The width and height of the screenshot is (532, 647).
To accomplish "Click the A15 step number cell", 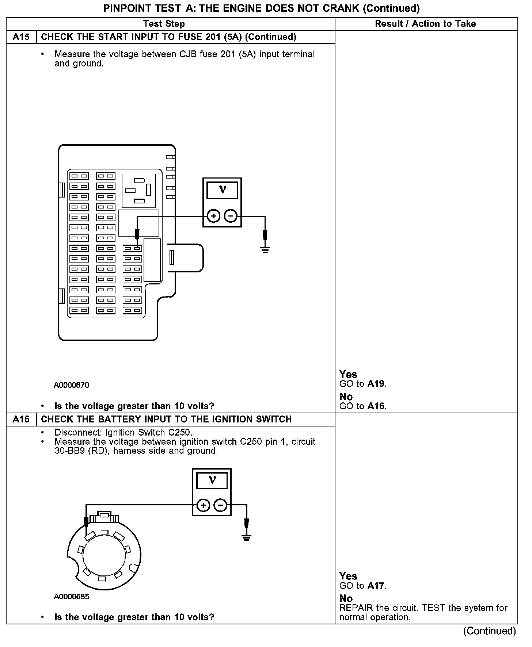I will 21,37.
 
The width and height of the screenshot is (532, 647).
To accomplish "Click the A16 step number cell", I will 21,419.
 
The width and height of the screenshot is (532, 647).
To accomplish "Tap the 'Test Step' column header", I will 164,24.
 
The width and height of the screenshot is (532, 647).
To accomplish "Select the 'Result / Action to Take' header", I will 425,24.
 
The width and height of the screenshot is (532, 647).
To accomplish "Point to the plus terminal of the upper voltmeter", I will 213,216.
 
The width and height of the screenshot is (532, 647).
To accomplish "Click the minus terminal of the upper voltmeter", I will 231,216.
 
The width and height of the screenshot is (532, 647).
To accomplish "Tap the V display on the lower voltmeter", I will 212,480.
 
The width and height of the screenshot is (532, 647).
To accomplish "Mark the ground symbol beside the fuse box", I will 265,250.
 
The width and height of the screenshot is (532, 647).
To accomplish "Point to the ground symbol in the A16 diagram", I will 247,537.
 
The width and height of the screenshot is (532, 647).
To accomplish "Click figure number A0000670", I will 72,385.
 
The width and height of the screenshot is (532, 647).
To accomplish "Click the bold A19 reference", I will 376,384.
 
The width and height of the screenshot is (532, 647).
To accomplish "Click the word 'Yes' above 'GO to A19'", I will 348,374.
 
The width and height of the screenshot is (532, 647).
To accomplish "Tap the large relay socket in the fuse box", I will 139,191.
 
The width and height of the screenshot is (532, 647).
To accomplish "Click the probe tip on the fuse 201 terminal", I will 137,247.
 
